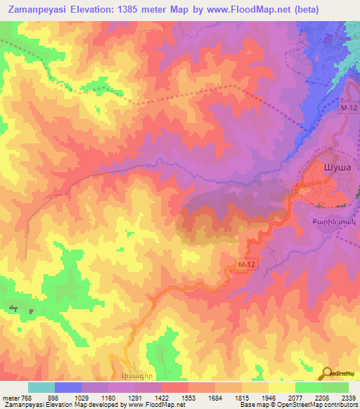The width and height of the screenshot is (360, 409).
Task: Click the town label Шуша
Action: (x=335, y=167)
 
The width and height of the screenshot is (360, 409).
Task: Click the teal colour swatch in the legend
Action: (x=41, y=388)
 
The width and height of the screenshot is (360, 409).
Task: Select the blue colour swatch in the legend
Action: (x=68, y=388)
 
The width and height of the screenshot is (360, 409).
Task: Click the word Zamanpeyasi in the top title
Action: (x=44, y=10)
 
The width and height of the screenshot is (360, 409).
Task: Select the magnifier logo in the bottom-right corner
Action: (x=327, y=372)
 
